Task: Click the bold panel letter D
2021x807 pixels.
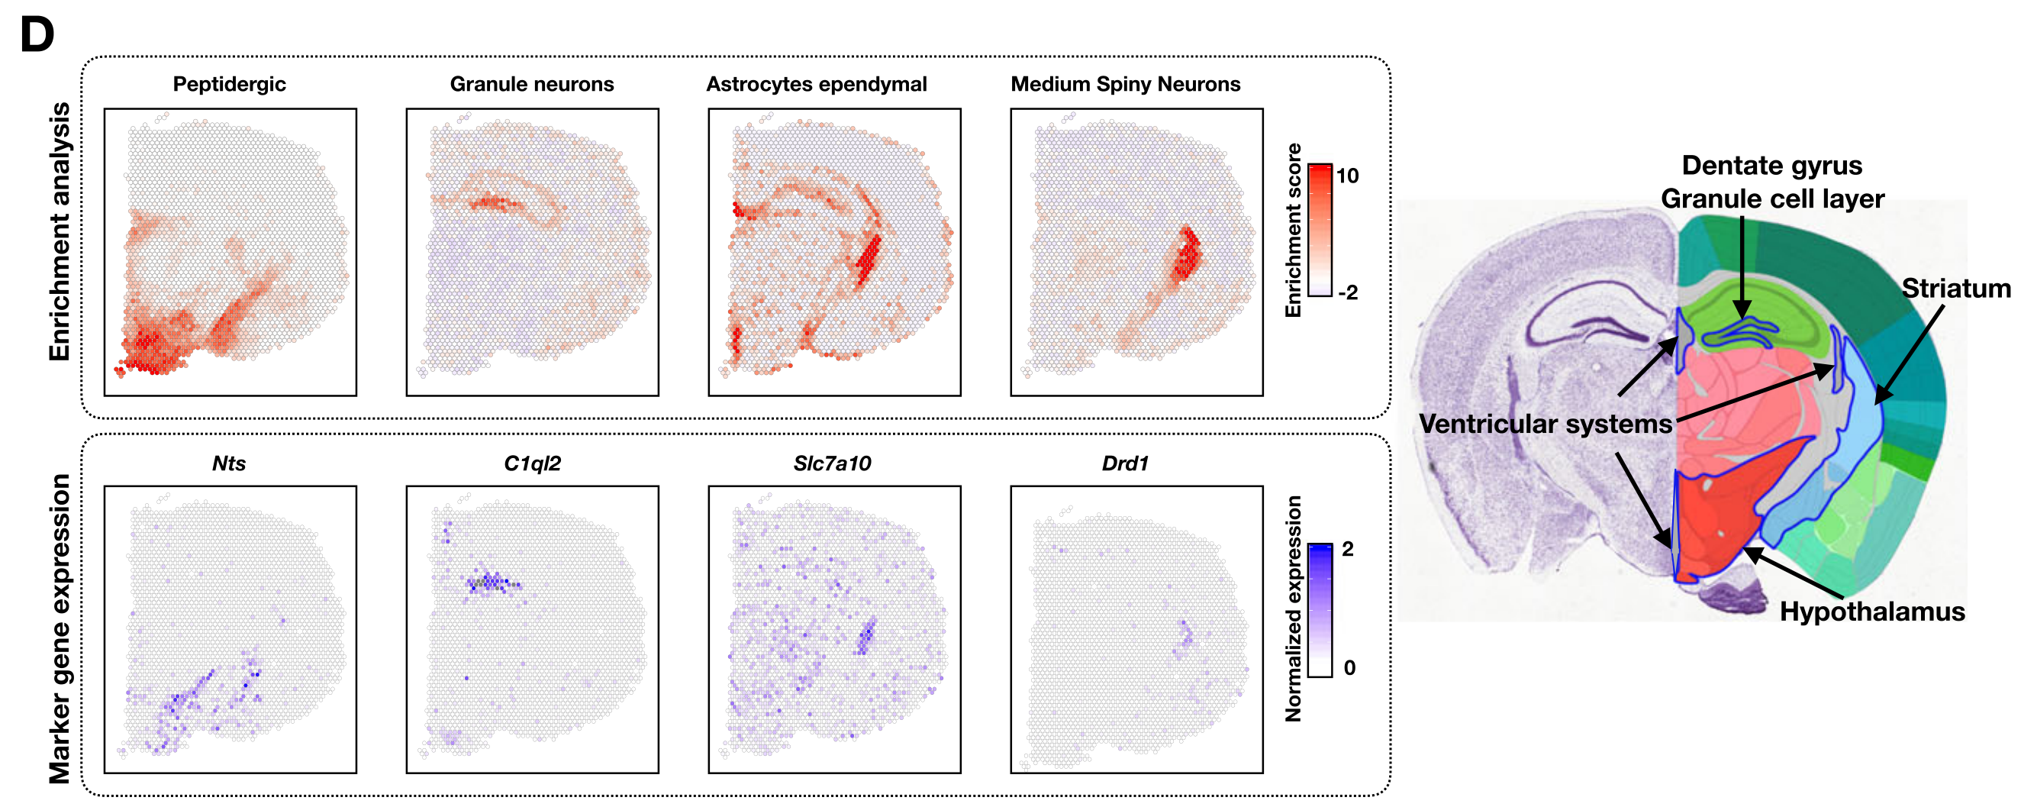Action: click(x=37, y=35)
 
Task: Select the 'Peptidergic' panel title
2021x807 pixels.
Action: click(x=229, y=84)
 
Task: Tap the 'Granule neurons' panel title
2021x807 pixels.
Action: click(x=531, y=84)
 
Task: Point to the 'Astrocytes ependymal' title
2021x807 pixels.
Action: click(x=816, y=84)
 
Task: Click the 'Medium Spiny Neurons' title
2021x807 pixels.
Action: click(x=1125, y=84)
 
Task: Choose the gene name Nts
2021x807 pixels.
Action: click(x=229, y=463)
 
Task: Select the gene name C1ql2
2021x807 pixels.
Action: click(x=532, y=463)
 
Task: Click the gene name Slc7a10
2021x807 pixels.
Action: click(x=832, y=463)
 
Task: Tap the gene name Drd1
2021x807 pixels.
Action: click(x=1125, y=463)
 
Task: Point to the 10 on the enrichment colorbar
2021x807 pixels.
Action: click(x=1347, y=176)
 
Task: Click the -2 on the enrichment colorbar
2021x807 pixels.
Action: click(x=1347, y=293)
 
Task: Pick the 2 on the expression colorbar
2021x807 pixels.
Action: click(x=1348, y=549)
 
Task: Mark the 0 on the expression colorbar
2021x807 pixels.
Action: click(x=1349, y=668)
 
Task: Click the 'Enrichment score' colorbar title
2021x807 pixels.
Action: click(x=1293, y=231)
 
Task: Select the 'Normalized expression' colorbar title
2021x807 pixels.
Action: click(x=1293, y=608)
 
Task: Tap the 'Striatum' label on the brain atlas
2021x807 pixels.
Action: click(x=1956, y=289)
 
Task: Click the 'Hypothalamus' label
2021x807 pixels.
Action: click(x=1872, y=612)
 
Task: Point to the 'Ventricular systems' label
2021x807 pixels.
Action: click(x=1546, y=424)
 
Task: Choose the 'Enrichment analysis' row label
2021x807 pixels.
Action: click(x=60, y=231)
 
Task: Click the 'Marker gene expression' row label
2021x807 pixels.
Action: click(x=60, y=628)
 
